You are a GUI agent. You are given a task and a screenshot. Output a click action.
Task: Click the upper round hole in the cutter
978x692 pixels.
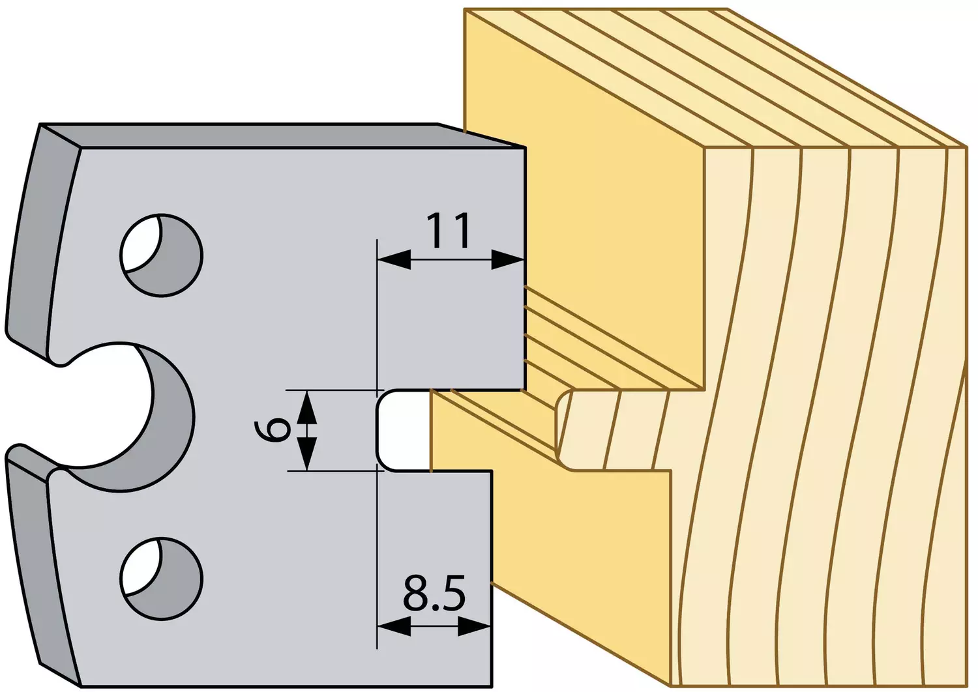[x=161, y=255]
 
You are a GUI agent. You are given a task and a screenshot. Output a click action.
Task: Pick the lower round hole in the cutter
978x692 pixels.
[x=161, y=579]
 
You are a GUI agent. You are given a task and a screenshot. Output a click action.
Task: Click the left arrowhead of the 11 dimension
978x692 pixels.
[x=394, y=259]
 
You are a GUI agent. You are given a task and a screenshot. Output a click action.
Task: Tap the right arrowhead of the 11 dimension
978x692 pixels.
[x=507, y=259]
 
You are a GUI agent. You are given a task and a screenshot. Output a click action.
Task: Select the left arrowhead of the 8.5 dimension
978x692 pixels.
[x=394, y=627]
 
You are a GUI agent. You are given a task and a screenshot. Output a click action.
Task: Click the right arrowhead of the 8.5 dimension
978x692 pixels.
[x=474, y=627]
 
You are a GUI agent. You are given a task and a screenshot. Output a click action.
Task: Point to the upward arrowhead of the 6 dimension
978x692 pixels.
[x=307, y=407]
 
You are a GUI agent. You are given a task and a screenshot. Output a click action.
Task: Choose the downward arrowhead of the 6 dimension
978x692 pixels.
[x=307, y=454]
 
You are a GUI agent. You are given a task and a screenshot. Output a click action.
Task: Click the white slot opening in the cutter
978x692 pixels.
[x=403, y=430]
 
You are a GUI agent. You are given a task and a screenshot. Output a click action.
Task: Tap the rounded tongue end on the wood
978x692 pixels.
[x=563, y=430]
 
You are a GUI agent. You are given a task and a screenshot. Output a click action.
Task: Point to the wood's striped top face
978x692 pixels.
[x=716, y=79]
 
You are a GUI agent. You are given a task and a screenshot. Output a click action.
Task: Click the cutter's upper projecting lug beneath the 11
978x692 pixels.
[x=451, y=323]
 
